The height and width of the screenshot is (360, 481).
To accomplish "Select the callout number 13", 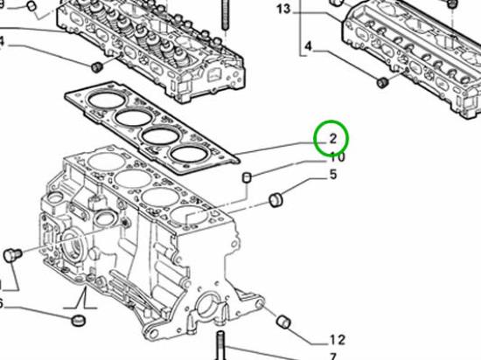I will coord(282,10).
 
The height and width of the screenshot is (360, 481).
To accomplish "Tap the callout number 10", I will coord(336,157).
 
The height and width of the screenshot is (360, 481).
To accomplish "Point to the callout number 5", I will coord(332,176).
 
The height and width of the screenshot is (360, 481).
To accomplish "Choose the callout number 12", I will coord(338,340).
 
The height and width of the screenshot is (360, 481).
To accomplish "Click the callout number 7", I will coord(332,357).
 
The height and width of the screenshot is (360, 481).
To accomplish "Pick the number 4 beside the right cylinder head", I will coord(307,45).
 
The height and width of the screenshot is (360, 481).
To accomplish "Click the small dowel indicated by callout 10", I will coord(247,178).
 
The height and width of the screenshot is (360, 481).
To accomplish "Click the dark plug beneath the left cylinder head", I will coord(97,66).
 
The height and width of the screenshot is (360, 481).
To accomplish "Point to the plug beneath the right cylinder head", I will coord(381,82).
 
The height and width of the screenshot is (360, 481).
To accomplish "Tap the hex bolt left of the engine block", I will coord(12,254).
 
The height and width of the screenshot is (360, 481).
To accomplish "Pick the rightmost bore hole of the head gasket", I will coord(190,155).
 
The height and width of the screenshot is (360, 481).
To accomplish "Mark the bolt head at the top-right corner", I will coord(451,3).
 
